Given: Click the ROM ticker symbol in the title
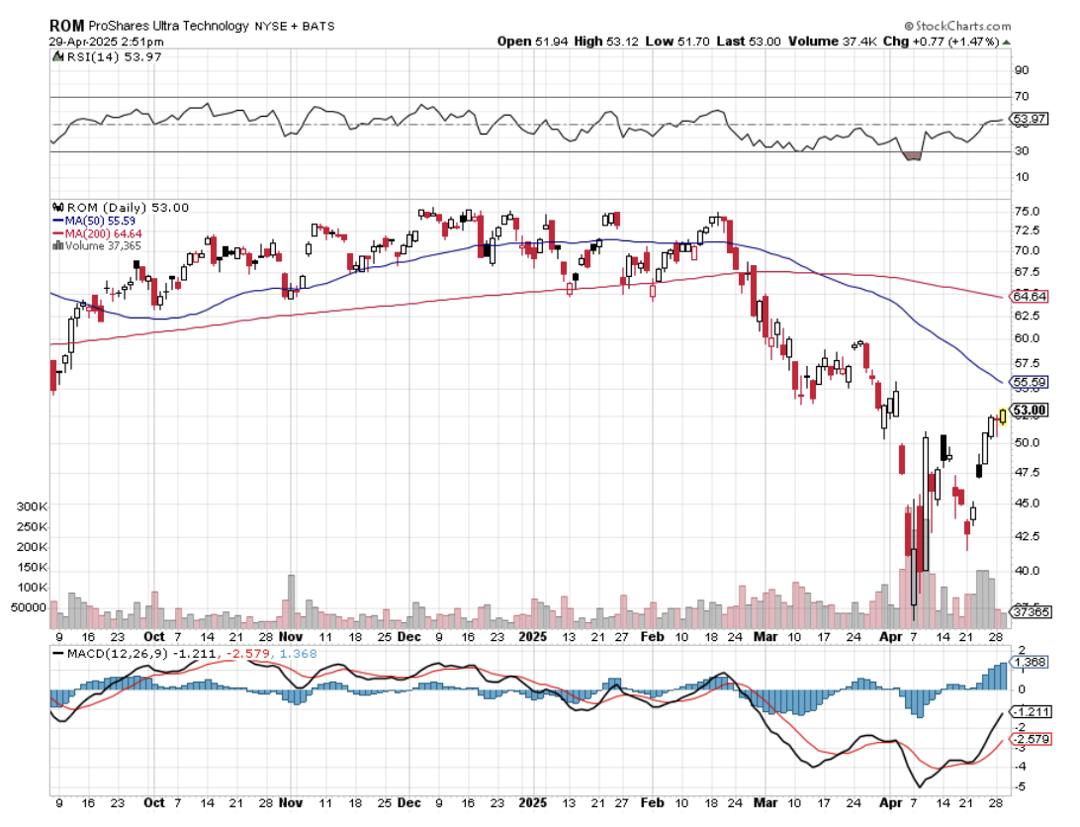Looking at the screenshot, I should click(x=65, y=26).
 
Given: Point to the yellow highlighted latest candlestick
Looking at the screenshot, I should click(x=1003, y=416).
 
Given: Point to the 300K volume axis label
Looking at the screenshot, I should click(x=31, y=505).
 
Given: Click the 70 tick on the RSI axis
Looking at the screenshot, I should click(x=1021, y=97).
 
